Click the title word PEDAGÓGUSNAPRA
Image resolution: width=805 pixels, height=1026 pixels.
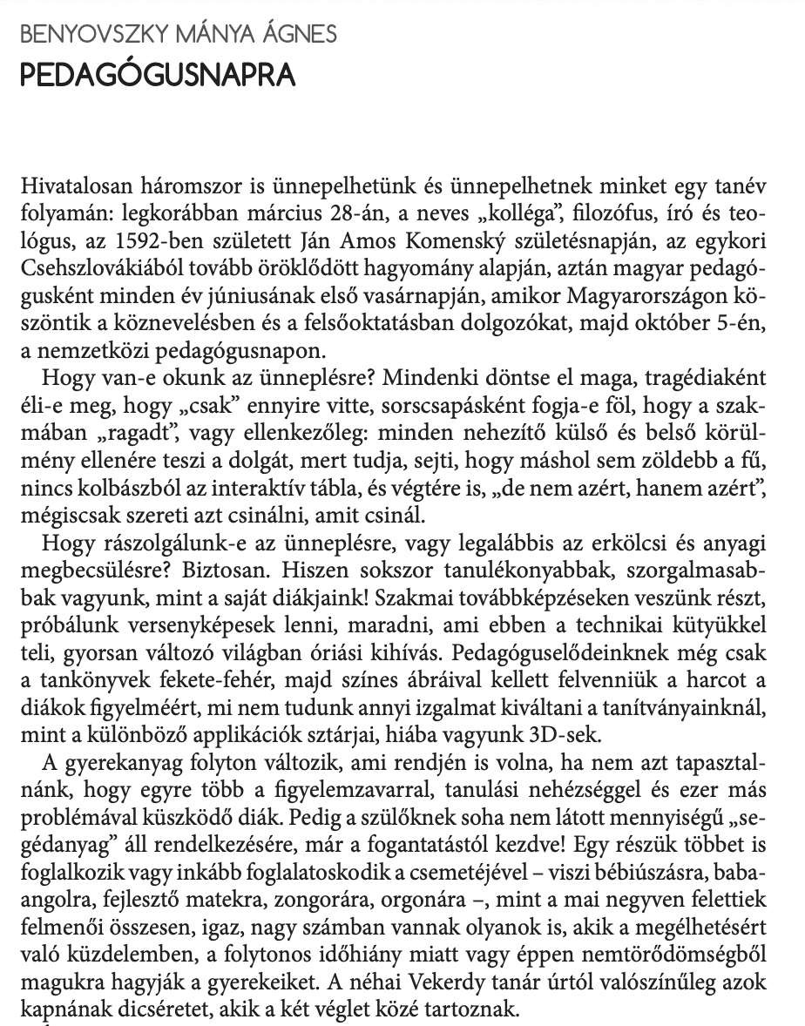157,75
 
